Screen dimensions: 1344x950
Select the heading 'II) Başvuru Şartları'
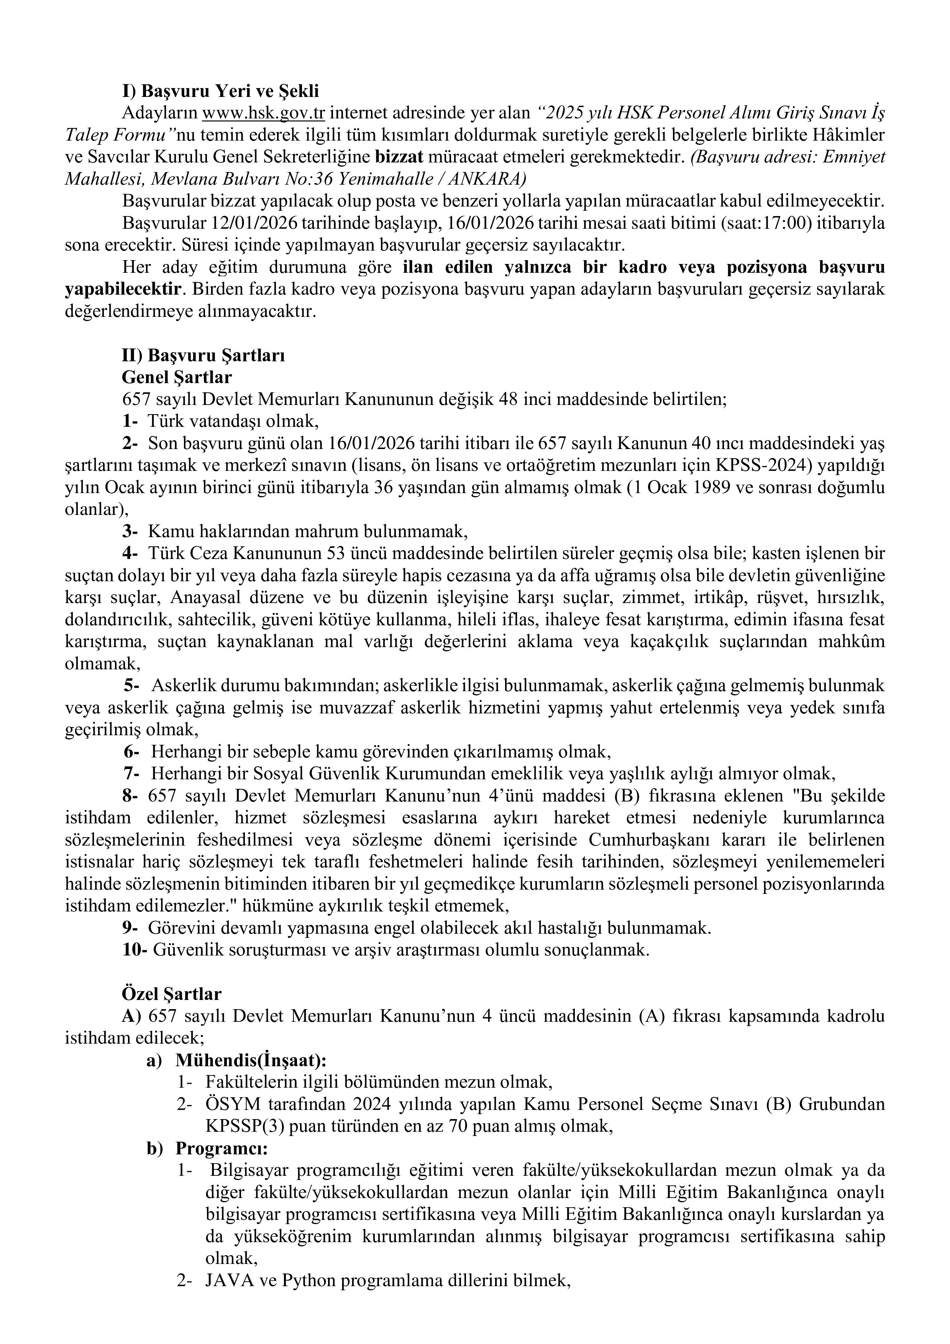(x=203, y=355)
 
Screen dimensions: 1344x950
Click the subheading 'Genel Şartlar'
(x=176, y=377)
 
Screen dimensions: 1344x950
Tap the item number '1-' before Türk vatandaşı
(x=130, y=421)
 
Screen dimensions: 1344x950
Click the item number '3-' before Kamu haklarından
(x=130, y=531)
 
